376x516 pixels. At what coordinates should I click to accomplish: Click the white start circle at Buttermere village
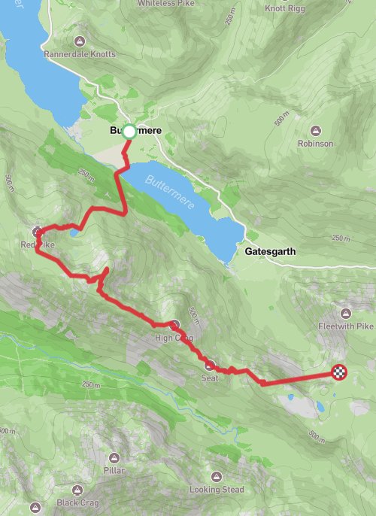129,132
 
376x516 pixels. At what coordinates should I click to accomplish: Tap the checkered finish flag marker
340,372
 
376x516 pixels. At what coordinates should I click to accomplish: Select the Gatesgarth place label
274,253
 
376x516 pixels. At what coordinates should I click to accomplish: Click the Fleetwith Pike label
344,326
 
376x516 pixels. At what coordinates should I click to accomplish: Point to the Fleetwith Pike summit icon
345,313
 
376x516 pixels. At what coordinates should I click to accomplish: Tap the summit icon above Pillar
114,457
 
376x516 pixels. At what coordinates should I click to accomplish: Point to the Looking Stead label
217,490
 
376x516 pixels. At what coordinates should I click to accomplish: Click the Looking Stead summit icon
217,476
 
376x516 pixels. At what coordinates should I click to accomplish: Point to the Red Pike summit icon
37,232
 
